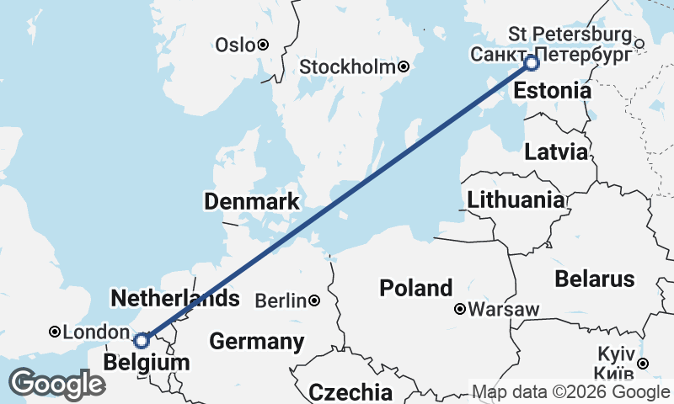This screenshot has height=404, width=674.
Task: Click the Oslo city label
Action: [234, 45]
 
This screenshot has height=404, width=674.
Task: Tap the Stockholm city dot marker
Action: [404, 66]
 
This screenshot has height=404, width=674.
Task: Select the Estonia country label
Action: [552, 91]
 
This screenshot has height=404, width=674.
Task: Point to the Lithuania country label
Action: [516, 200]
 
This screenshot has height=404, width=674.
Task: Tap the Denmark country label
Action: [251, 201]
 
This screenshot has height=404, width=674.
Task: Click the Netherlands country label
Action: [174, 299]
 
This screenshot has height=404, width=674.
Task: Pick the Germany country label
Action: [256, 342]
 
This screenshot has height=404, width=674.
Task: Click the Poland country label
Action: [415, 288]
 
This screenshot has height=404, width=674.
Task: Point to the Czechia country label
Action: [350, 392]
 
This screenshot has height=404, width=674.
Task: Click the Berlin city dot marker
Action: [313, 300]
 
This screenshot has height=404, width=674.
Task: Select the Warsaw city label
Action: [504, 310]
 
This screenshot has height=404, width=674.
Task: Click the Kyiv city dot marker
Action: [643, 364]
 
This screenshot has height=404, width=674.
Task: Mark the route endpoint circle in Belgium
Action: [142, 340]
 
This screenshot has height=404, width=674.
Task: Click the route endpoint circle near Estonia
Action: [532, 62]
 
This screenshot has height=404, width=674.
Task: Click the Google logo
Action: [56, 384]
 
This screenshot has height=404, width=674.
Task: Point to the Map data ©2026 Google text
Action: [570, 392]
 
